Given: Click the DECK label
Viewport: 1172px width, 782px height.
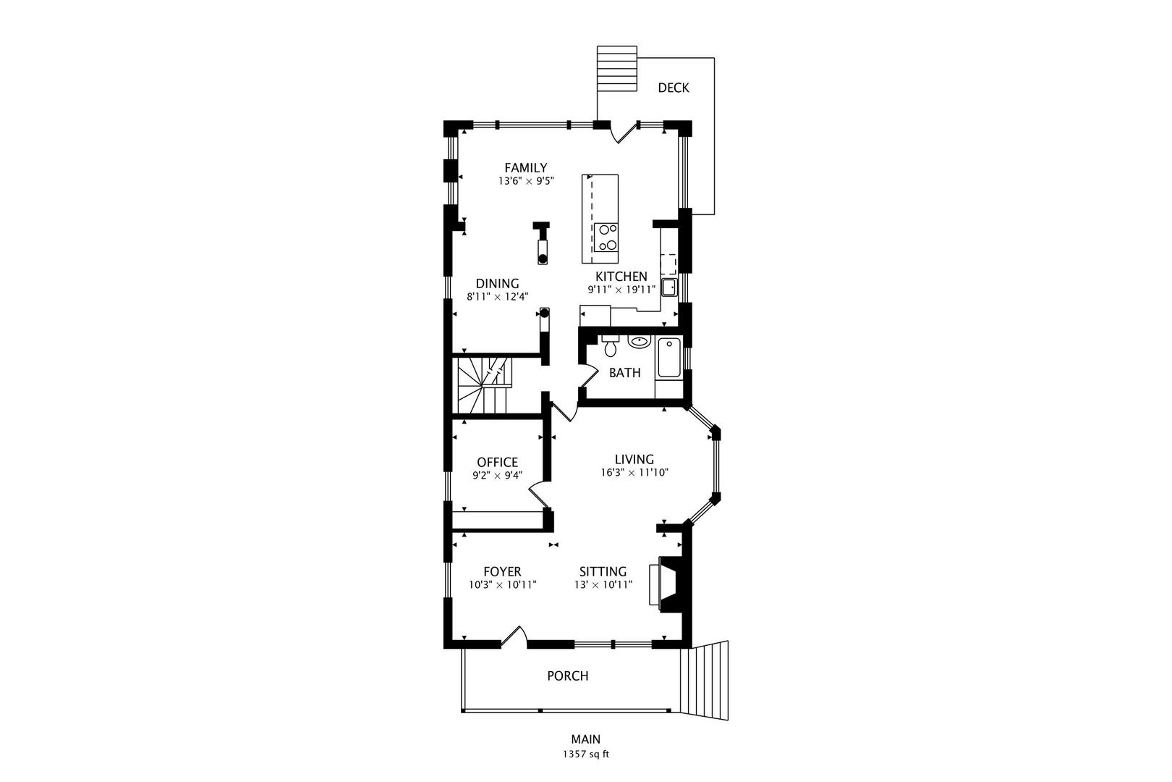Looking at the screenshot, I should point(673,88).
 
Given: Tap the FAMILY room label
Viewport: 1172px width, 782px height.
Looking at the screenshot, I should point(525,168).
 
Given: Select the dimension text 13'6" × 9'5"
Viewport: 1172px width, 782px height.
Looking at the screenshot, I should point(525,182).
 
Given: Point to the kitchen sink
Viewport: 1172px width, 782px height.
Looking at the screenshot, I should point(669,287).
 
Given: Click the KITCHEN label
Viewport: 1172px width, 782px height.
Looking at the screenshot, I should point(621,277).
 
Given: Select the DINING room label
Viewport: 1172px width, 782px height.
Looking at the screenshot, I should point(497,284).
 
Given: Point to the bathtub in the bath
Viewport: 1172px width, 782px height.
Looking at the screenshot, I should point(668,358).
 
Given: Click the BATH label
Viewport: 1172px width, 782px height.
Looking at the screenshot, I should point(624,373).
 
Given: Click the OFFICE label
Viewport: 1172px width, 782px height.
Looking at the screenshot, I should point(497,462).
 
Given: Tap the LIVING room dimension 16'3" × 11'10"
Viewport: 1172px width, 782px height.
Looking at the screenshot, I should point(634,473).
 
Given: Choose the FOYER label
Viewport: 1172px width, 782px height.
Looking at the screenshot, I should point(502,572).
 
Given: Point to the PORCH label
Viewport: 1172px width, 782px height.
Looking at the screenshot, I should point(567,676).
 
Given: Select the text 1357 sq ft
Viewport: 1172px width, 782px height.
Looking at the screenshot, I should point(586,754).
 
